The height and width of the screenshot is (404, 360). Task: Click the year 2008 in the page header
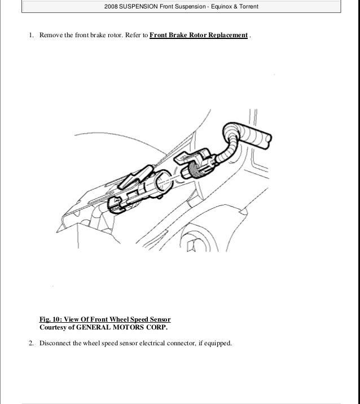(x=112, y=6)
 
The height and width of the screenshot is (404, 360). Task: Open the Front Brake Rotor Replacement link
(x=199, y=36)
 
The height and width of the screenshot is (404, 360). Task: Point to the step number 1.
(x=30, y=36)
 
